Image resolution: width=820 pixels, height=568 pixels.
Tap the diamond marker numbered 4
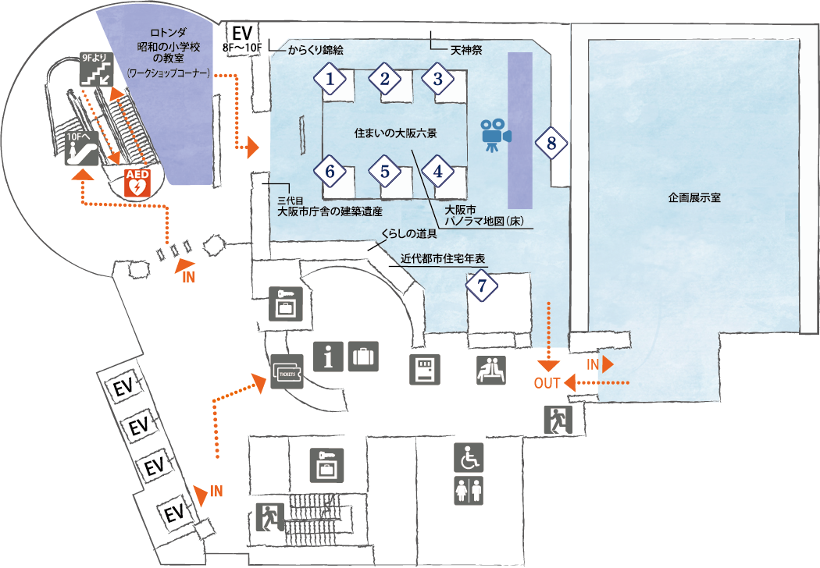pyautogui.click(x=437, y=171)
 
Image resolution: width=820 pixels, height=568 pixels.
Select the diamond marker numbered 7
pyautogui.click(x=482, y=286)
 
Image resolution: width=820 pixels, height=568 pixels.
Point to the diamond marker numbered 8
pyautogui.click(x=551, y=143)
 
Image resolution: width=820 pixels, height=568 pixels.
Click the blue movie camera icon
pyautogui.click(x=495, y=135)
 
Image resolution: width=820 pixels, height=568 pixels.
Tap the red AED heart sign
pyautogui.click(x=137, y=183)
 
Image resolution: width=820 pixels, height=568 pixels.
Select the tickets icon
pyautogui.click(x=287, y=371)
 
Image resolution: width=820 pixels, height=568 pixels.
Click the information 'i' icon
pyautogui.click(x=329, y=357)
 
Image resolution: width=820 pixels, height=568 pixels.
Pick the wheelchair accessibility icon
pyautogui.click(x=469, y=458)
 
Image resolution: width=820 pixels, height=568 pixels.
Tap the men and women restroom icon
pyautogui.click(x=469, y=490)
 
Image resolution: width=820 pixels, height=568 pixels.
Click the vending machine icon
pyautogui.click(x=425, y=370)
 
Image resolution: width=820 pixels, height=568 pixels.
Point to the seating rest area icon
pyautogui.click(x=491, y=370)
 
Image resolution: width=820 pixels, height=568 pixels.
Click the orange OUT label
pyautogui.click(x=547, y=383)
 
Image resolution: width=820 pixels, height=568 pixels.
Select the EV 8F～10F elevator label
pyautogui.click(x=242, y=39)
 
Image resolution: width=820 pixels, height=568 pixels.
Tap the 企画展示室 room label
pyautogui.click(x=694, y=197)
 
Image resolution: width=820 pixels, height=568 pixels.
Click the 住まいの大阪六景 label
pyautogui.click(x=395, y=133)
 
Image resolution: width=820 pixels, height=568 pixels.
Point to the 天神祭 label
pyautogui.click(x=466, y=51)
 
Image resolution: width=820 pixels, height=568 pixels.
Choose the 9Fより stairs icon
pyautogui.click(x=97, y=69)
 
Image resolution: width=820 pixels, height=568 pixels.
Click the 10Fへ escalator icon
pyautogui.click(x=81, y=148)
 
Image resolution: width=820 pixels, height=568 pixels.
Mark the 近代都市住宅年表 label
pyautogui.click(x=443, y=258)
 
